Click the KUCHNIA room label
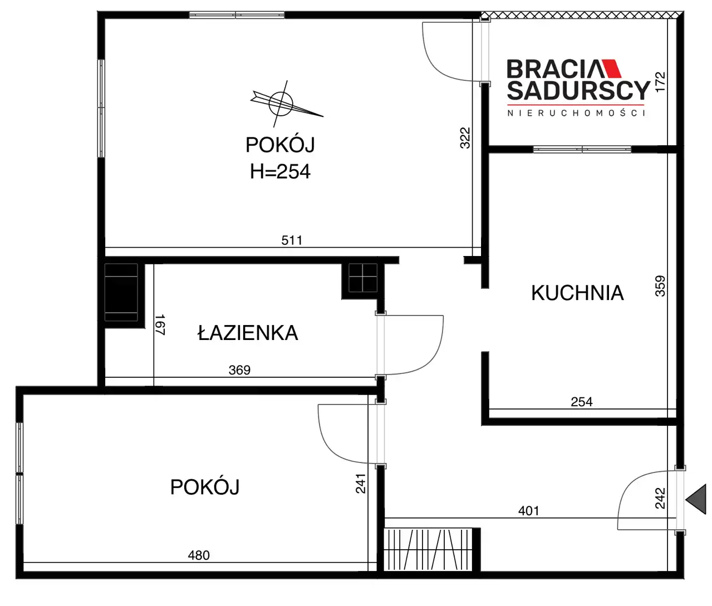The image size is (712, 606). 577,293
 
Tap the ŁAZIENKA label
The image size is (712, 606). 248,333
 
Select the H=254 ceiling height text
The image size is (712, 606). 280,171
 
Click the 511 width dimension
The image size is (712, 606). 292,240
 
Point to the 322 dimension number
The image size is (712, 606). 465,138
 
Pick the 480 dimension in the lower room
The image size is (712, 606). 199,555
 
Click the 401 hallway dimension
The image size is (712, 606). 528,511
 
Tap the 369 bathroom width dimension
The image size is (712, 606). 239,370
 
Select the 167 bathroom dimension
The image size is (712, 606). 160,324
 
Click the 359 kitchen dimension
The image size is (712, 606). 660,286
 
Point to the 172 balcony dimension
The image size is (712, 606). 660,82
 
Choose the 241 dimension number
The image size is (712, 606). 360,484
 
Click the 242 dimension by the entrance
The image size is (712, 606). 660,498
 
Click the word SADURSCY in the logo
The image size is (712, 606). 578,91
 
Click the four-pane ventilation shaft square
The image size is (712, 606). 363,278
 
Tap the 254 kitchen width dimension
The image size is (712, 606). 581,402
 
